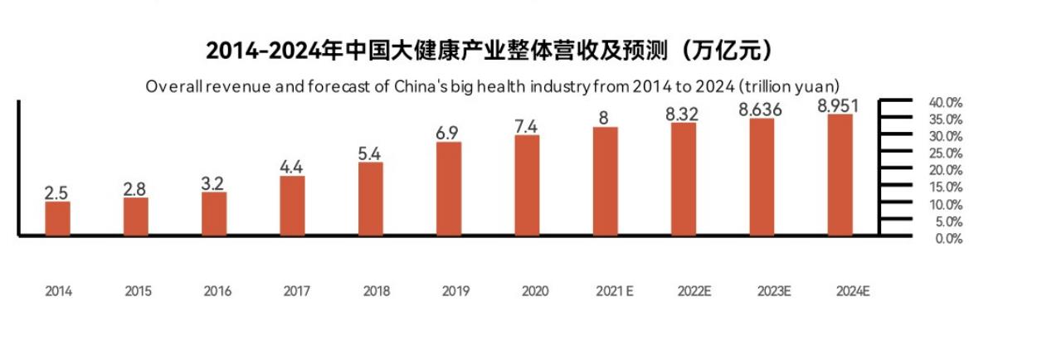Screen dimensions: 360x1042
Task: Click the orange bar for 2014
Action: point(57,219)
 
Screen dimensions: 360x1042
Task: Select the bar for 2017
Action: point(292,206)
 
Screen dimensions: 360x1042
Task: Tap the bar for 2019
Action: point(449,189)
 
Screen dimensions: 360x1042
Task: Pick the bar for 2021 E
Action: point(605,182)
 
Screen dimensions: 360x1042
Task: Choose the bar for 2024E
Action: point(840,175)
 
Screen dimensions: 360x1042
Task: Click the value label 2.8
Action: point(134,188)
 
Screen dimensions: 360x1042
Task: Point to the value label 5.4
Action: point(370,153)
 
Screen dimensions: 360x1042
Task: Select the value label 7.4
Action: point(527,126)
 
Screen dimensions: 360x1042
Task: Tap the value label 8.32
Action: point(682,114)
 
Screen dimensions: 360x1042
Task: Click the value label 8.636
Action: point(761,109)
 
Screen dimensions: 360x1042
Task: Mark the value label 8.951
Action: point(838,105)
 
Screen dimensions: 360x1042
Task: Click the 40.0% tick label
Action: point(946,103)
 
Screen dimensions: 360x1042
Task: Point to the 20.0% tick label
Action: point(946,170)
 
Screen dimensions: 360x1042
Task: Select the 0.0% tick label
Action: point(948,239)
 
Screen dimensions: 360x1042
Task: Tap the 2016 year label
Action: point(217,291)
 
